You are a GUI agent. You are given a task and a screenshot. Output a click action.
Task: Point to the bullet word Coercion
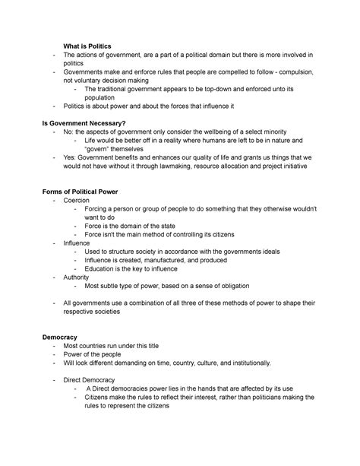(x=78, y=200)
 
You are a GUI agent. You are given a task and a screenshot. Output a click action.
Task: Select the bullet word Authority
(x=79, y=277)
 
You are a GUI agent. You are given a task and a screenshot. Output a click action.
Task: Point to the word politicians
(x=260, y=396)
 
